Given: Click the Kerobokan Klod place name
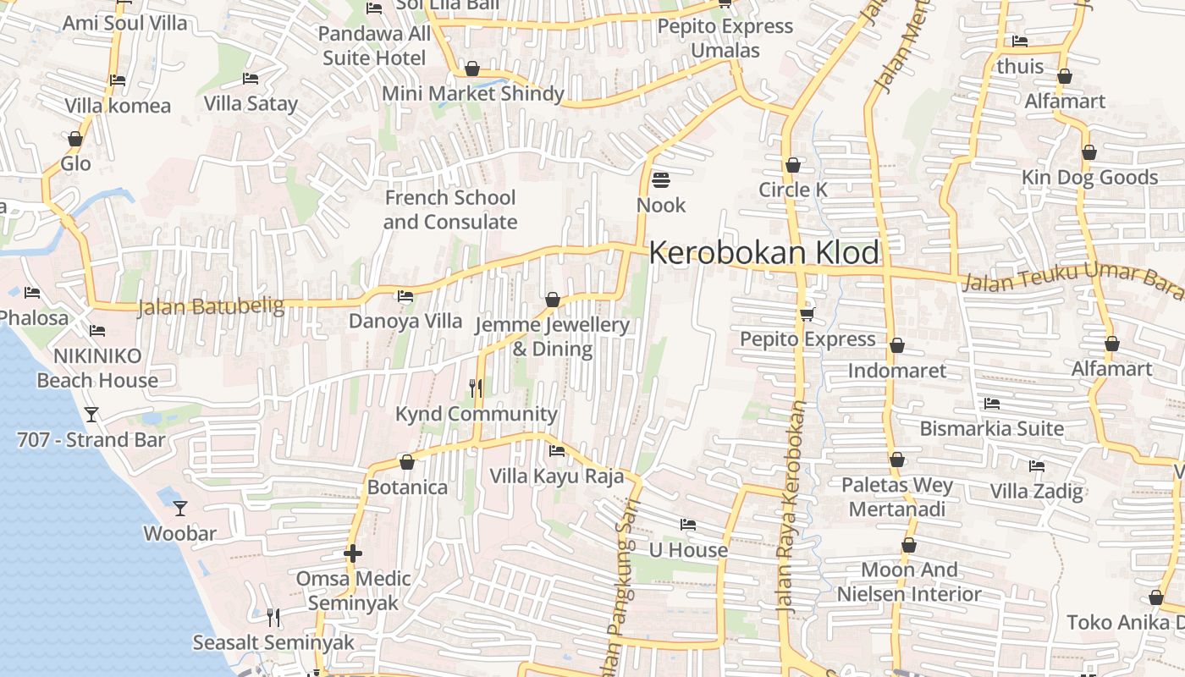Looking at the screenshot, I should [764, 253].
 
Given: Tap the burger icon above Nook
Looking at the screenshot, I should [661, 180].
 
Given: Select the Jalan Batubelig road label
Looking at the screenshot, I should [211, 305].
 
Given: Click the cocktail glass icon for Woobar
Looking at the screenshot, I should [180, 509].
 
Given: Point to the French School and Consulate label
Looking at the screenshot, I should [449, 210].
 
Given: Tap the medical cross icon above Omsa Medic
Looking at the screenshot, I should [353, 554].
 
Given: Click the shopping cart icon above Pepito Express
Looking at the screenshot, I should [807, 314].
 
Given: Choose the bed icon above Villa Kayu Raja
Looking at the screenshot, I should [557, 451].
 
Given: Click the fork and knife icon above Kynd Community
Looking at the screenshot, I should [476, 388].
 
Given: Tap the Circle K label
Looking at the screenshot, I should [793, 190].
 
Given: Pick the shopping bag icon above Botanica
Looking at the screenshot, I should [407, 462].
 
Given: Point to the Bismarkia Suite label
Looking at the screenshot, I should [992, 428].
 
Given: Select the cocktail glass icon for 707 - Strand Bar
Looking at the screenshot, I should [91, 415].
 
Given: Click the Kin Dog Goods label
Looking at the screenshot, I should [1089, 178].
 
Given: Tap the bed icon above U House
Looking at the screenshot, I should [688, 525].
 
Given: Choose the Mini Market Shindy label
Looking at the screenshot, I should [473, 93].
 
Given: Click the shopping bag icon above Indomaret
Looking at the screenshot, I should [897, 345].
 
